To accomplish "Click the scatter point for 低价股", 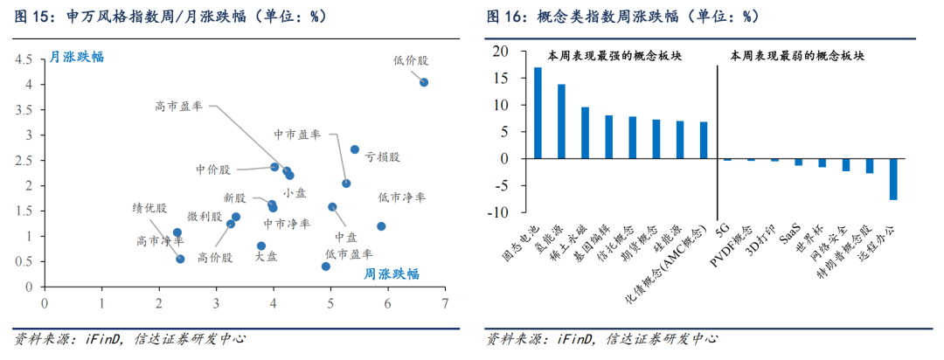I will coord(424,82).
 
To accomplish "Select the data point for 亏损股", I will coord(355,149).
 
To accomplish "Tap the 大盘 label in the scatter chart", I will coord(266,257).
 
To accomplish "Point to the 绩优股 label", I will coord(149,207).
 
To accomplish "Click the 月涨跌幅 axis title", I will coord(76,57).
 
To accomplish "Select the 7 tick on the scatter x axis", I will coord(445,302).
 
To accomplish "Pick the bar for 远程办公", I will coord(893,179).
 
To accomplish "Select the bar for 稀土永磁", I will coord(585,133).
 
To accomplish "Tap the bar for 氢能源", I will coord(561,121).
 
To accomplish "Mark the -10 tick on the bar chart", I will coord(497,211).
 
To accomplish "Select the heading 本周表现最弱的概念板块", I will coord(797,55).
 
